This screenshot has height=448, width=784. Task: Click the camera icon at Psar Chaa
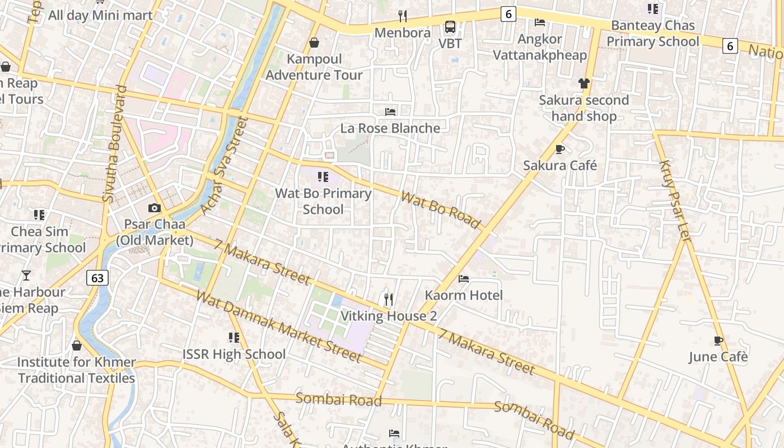coord(155,208)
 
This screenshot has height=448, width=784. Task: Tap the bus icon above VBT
coord(450,26)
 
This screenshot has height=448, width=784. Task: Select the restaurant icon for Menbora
coord(402,16)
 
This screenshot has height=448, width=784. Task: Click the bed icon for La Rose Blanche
coord(390,111)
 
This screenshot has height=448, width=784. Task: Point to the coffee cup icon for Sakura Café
coord(559,149)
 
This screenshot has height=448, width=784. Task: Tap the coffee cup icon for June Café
coord(718,340)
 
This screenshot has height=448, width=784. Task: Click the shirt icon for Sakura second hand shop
coord(584,83)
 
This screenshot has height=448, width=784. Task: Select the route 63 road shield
coord(97,278)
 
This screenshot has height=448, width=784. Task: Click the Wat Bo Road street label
coord(441,210)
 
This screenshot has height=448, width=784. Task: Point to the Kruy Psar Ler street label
coord(675,200)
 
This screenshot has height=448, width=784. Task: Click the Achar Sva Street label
coord(224,165)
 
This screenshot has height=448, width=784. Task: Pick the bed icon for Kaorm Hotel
coord(464,278)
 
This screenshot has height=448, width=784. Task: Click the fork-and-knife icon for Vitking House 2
coord(389,300)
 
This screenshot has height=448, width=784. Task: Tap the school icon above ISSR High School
coord(234,338)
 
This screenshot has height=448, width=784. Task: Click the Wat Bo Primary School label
coord(323,201)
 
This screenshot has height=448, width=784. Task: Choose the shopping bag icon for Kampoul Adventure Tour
coord(314,43)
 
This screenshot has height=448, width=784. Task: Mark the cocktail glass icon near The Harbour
coord(26,275)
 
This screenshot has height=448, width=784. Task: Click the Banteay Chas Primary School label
coord(653,34)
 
